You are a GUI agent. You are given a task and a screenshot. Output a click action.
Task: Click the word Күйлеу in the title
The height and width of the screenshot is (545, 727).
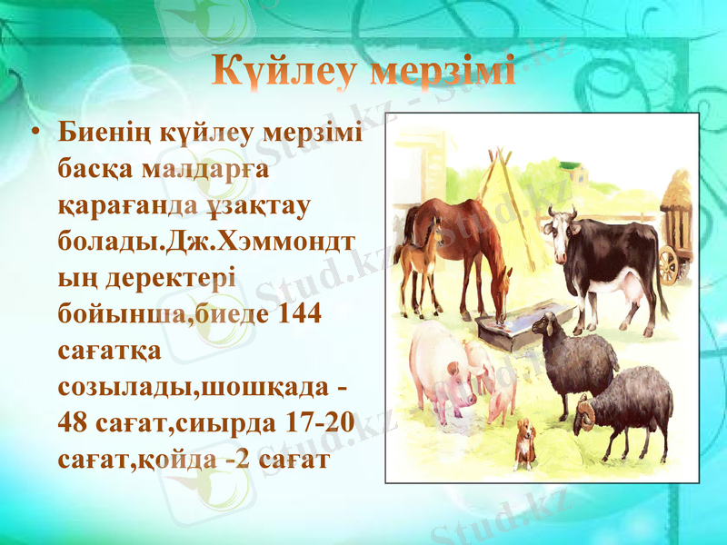coord(286,72)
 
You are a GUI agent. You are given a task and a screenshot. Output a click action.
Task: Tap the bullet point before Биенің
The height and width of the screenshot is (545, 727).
coord(35,134)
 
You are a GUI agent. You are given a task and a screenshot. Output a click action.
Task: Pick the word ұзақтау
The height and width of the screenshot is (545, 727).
coord(255,205)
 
